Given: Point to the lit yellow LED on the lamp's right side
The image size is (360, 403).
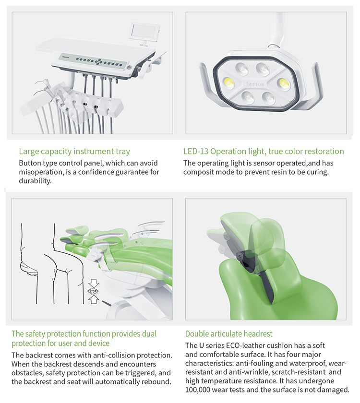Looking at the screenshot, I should (x=283, y=83).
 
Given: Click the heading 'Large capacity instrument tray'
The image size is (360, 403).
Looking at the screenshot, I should (x=74, y=152).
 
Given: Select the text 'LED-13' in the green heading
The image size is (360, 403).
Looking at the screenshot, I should (x=197, y=152).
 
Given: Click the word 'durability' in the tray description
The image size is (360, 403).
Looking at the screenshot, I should (x=35, y=181).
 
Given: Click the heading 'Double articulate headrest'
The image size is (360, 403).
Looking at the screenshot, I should (x=229, y=334).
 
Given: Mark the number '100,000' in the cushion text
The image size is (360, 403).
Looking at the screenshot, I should (x=202, y=390).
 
